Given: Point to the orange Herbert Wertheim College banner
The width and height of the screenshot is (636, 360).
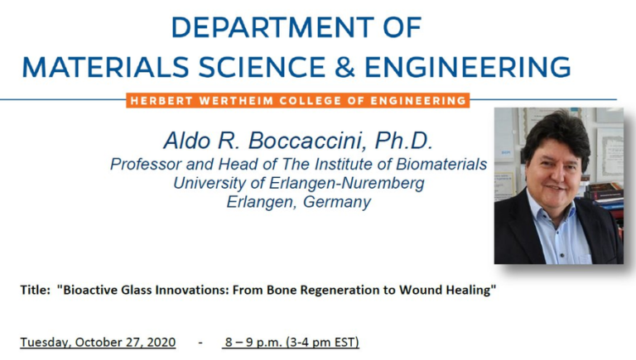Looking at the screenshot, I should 298,101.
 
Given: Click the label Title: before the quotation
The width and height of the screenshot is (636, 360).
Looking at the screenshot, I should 36,291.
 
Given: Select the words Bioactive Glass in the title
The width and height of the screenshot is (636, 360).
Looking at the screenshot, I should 104,291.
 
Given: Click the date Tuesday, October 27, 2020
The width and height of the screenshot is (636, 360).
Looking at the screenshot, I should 98,342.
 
